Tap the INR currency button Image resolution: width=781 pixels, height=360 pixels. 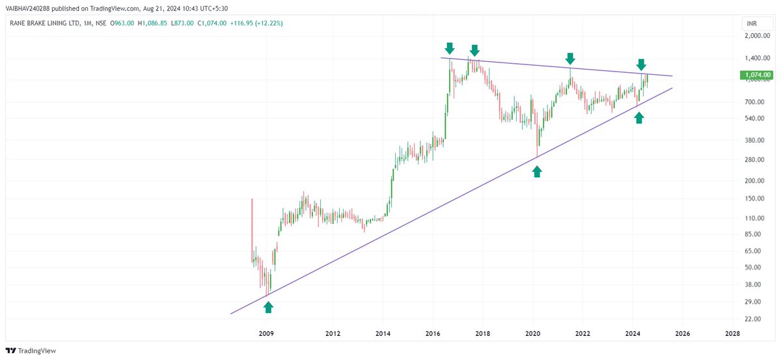pyautogui.click(x=752, y=23)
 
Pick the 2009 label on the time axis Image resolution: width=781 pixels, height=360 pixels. pyautogui.click(x=266, y=333)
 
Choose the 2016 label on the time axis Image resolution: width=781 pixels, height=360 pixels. pyautogui.click(x=433, y=333)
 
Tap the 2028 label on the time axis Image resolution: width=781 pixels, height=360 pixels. pyautogui.click(x=732, y=333)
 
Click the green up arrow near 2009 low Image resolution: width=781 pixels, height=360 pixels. pyautogui.click(x=269, y=307)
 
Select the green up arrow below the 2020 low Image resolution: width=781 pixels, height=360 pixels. pyautogui.click(x=537, y=171)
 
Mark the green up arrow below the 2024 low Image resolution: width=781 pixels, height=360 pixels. pyautogui.click(x=639, y=117)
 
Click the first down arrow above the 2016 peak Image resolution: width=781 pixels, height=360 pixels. pyautogui.click(x=449, y=48)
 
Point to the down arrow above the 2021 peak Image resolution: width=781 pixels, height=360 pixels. pyautogui.click(x=570, y=58)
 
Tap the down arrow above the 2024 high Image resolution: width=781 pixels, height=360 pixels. pyautogui.click(x=641, y=64)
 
